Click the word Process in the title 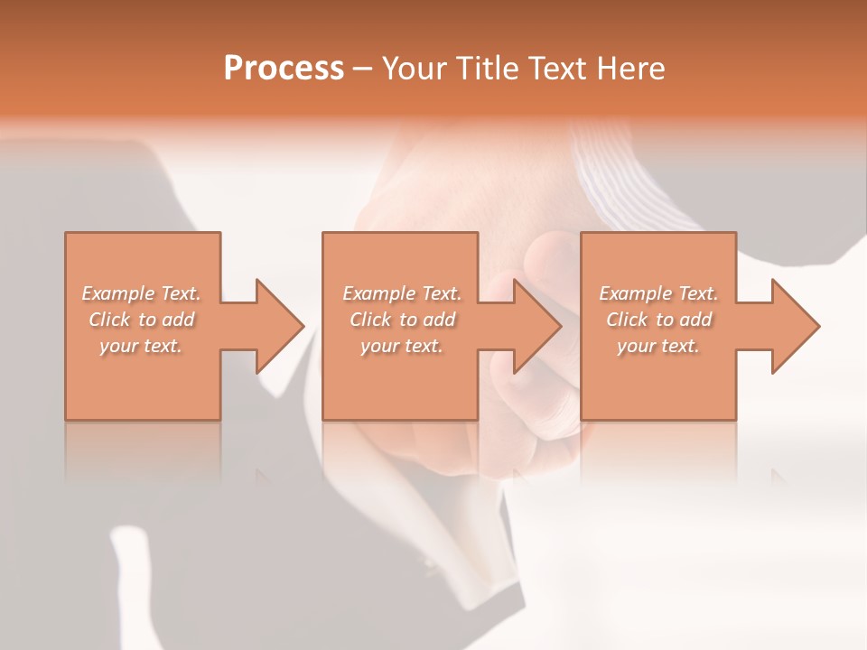(284, 69)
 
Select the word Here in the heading (631, 69)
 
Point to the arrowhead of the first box (280, 326)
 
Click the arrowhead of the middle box (537, 326)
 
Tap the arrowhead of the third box (796, 326)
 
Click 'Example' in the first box (117, 293)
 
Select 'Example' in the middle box (378, 293)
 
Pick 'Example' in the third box (635, 293)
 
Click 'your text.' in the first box (141, 346)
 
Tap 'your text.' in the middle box (401, 346)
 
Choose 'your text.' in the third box (658, 346)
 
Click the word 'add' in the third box (696, 320)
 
